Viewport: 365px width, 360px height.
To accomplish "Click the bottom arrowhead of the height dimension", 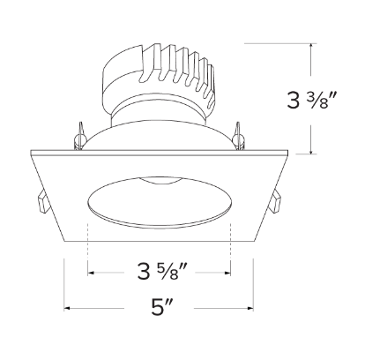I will [x=313, y=152].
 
